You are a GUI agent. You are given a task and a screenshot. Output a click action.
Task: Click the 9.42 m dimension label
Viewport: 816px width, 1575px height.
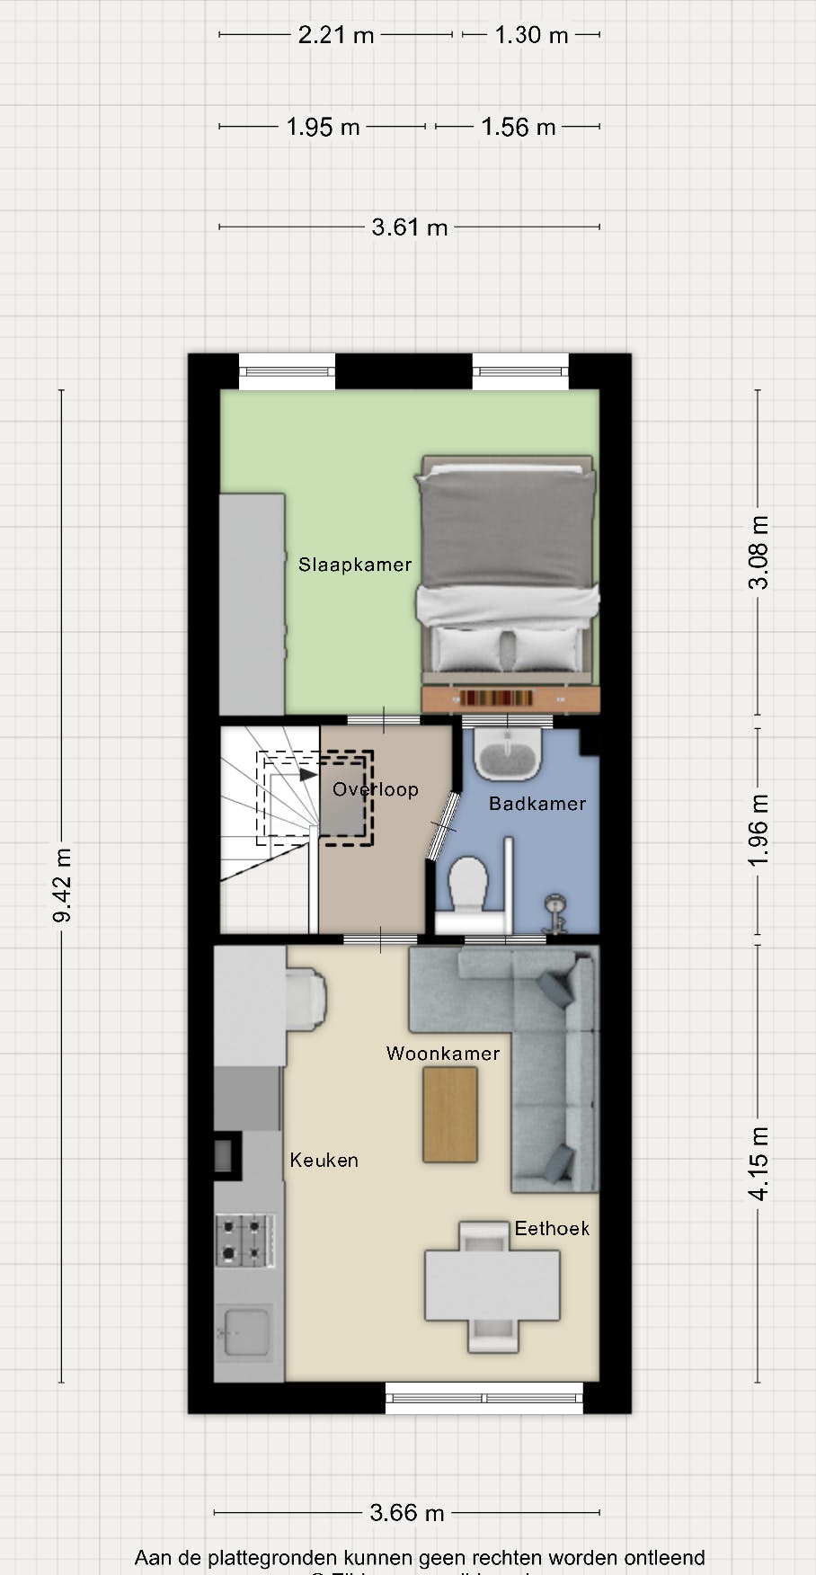(x=62, y=885)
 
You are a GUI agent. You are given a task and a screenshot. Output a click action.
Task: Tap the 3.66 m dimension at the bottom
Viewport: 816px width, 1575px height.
(x=407, y=1513)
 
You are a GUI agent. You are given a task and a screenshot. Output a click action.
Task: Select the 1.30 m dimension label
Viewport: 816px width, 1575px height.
(x=531, y=35)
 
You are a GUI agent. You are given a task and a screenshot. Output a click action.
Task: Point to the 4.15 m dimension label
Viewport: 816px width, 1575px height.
(x=758, y=1163)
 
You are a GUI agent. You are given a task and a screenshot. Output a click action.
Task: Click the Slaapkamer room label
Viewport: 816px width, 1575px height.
(x=355, y=565)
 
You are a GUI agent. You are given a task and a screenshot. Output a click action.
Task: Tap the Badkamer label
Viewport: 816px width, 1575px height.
(x=537, y=804)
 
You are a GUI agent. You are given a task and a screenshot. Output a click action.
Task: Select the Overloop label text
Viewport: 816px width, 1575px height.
(x=376, y=789)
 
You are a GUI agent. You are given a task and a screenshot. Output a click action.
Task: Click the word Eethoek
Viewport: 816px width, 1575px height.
(x=552, y=1228)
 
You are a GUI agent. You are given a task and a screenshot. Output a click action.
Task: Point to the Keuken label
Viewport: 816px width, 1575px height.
(x=324, y=1160)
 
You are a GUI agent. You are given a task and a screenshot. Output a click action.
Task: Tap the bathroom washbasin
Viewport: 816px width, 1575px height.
(x=508, y=754)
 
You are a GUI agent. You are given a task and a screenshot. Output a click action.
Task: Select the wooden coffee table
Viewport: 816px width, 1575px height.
(x=450, y=1115)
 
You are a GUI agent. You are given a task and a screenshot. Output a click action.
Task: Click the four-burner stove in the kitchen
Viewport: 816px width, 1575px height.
(x=244, y=1241)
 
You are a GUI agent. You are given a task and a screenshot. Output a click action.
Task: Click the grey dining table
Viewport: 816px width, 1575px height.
(x=492, y=1286)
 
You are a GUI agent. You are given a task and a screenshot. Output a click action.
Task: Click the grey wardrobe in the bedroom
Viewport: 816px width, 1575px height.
(x=253, y=604)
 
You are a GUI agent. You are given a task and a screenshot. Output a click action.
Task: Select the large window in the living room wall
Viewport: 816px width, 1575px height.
(x=484, y=1398)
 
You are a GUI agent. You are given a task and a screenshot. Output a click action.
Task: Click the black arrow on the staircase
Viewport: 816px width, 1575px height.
(x=308, y=773)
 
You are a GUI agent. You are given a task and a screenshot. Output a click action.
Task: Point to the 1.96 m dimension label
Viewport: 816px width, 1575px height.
(x=758, y=830)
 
